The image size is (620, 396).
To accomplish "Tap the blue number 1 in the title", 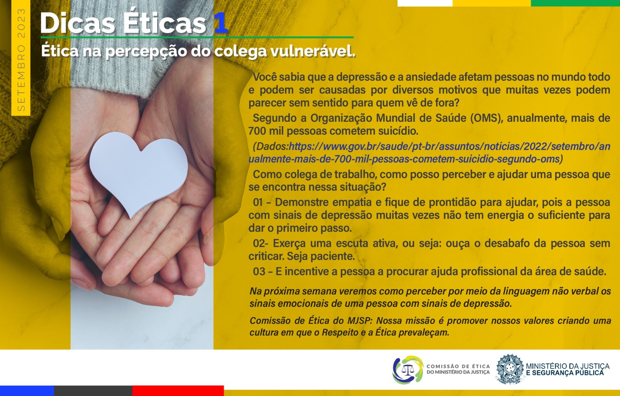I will click(x=221, y=23).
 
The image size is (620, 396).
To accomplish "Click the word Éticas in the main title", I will click(x=164, y=23).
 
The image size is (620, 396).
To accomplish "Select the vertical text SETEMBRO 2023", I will click(x=21, y=60).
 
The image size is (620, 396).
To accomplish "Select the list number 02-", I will click(x=261, y=243).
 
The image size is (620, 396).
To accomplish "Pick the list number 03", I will click(x=259, y=272).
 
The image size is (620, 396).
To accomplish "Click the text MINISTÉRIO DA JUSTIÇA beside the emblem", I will click(x=568, y=366).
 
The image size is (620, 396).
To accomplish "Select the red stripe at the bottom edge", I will click(x=178, y=390).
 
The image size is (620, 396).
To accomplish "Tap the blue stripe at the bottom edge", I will click(x=27, y=390).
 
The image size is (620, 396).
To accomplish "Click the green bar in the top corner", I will click(x=575, y=3).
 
